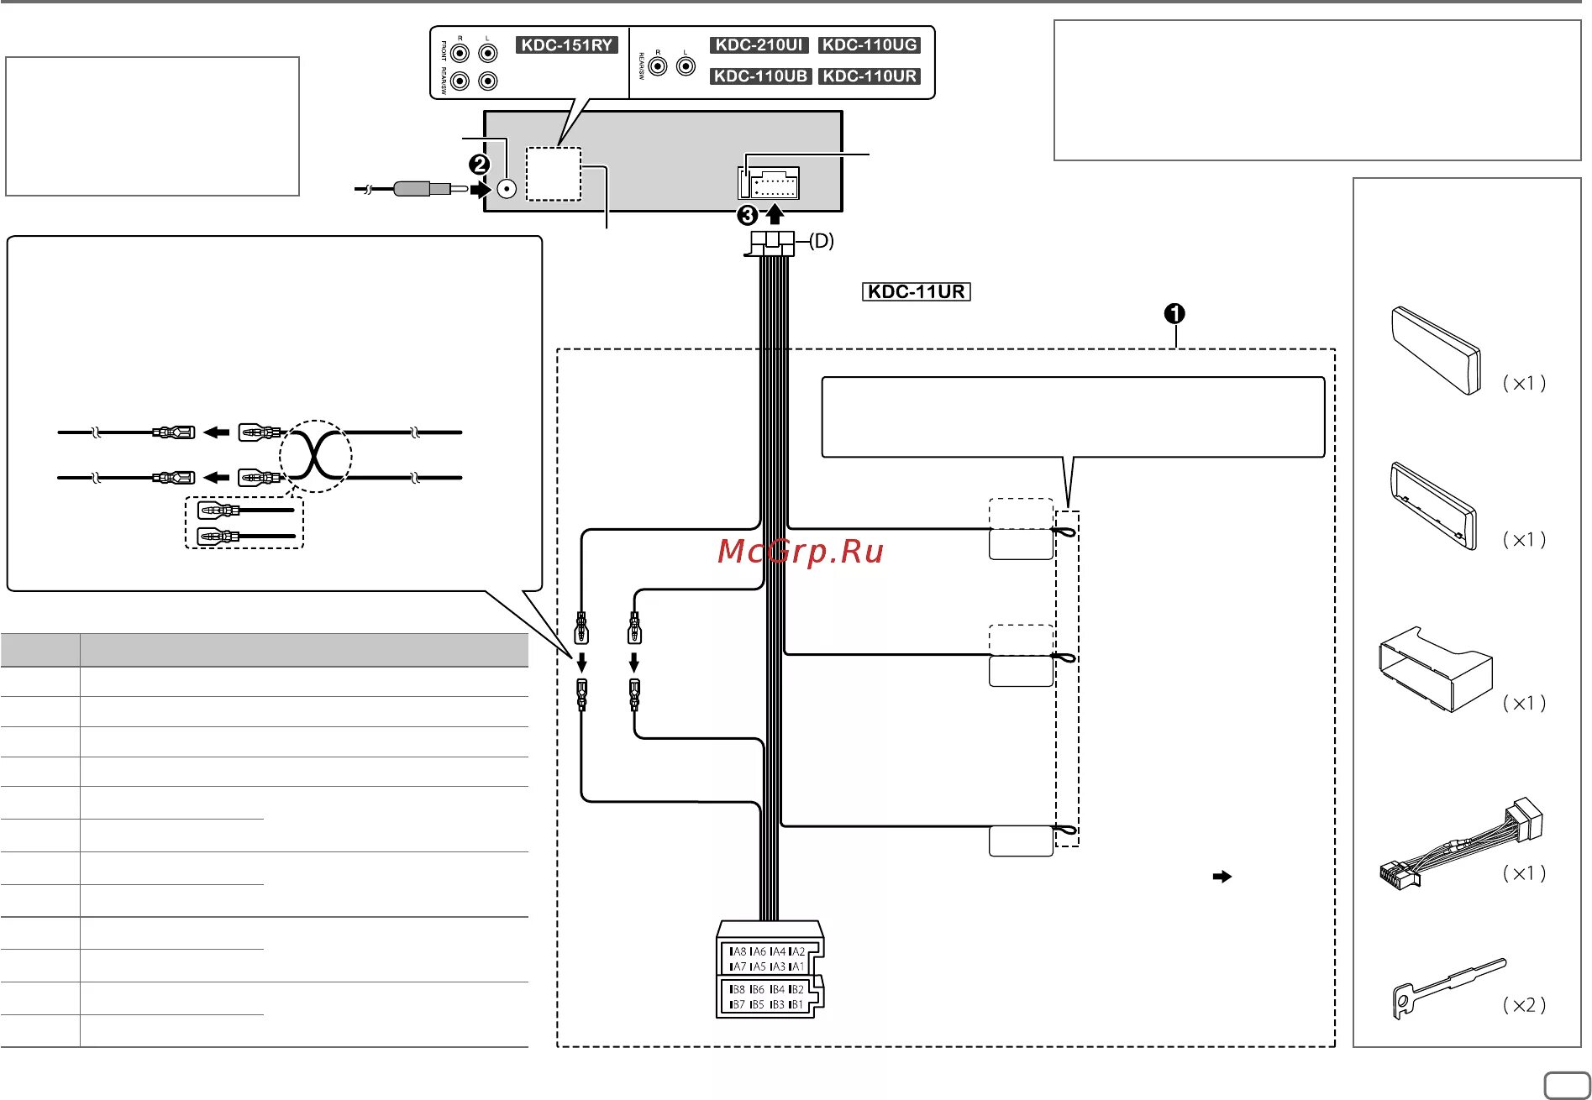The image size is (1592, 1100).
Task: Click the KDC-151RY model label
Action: [x=566, y=45]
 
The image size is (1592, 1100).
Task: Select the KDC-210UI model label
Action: [x=759, y=45]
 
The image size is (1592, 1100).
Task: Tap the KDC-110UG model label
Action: [x=870, y=45]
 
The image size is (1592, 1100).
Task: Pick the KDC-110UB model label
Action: [x=759, y=76]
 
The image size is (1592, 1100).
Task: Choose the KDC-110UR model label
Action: [x=870, y=76]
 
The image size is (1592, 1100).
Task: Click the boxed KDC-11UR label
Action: [x=916, y=292]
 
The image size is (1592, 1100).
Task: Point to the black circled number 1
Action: [x=1174, y=313]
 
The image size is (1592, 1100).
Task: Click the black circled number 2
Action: [x=480, y=165]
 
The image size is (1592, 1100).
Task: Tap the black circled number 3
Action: [x=747, y=216]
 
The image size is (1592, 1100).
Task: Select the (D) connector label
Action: [x=822, y=241]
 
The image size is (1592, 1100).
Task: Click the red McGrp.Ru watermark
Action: [x=801, y=552]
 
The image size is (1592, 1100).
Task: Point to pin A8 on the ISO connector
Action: [x=738, y=951]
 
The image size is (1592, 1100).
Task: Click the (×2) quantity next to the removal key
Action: [x=1524, y=1005]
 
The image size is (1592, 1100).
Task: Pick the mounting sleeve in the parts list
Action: [x=1434, y=669]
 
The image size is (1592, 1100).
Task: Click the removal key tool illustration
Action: [x=1448, y=986]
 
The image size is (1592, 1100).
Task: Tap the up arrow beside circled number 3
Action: [x=775, y=214]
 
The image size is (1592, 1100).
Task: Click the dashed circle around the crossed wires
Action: [x=315, y=456]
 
